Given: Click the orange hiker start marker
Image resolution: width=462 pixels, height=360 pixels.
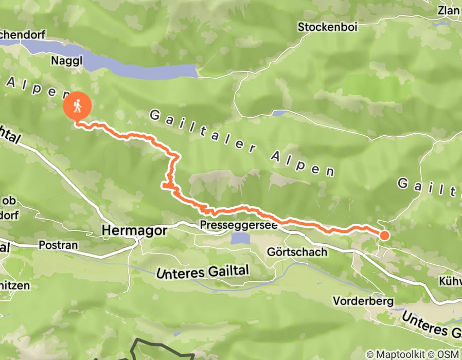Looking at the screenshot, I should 77,107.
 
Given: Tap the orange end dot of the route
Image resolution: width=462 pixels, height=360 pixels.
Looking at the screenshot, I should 384,236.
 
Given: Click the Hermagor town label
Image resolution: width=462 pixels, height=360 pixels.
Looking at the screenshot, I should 134,231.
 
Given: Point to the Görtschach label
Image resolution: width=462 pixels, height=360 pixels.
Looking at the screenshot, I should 297,252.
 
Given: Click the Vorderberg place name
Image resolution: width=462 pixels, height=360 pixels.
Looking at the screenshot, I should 363,300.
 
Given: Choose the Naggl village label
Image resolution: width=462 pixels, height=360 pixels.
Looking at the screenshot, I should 64,61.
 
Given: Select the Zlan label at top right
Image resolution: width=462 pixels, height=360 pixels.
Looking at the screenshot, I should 448,10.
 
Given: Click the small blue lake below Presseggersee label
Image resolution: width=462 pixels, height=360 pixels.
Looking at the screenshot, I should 240,238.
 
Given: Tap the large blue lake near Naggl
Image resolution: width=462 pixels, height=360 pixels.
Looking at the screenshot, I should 139,66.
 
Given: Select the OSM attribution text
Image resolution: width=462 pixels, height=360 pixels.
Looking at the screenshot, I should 449,354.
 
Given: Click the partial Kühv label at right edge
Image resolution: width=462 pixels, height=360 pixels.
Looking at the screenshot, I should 450,281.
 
